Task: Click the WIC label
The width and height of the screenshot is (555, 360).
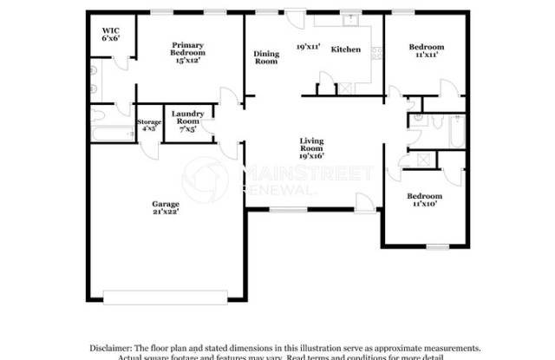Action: click(x=110, y=35)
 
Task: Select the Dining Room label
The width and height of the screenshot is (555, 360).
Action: click(x=266, y=57)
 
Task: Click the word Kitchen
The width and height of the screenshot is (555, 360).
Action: click(x=346, y=49)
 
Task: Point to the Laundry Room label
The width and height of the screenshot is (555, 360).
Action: click(x=187, y=120)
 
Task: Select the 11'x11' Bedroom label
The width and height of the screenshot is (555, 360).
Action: click(x=426, y=50)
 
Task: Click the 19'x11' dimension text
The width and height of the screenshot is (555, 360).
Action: click(x=310, y=46)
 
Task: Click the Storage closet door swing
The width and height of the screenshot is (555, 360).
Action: click(x=152, y=149)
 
